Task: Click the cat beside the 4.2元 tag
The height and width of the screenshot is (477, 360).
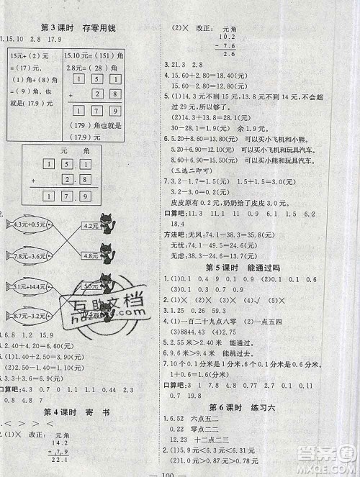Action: (x=111, y=223)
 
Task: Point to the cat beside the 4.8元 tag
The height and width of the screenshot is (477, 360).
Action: (x=111, y=253)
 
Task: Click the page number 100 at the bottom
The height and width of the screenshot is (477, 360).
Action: (x=179, y=470)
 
